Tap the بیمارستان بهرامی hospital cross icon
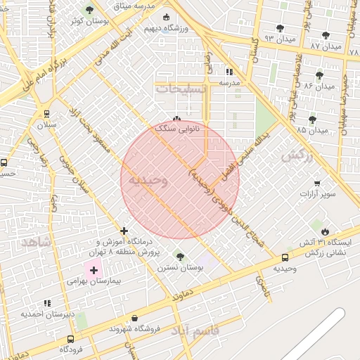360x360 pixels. [x=93, y=270]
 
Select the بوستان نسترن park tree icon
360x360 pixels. [x=180, y=256]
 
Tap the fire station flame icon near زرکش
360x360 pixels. [x=324, y=231]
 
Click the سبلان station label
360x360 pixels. [x=47, y=125]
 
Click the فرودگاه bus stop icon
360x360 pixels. [x=70, y=340]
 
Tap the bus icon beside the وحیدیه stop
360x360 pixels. [x=284, y=258]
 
